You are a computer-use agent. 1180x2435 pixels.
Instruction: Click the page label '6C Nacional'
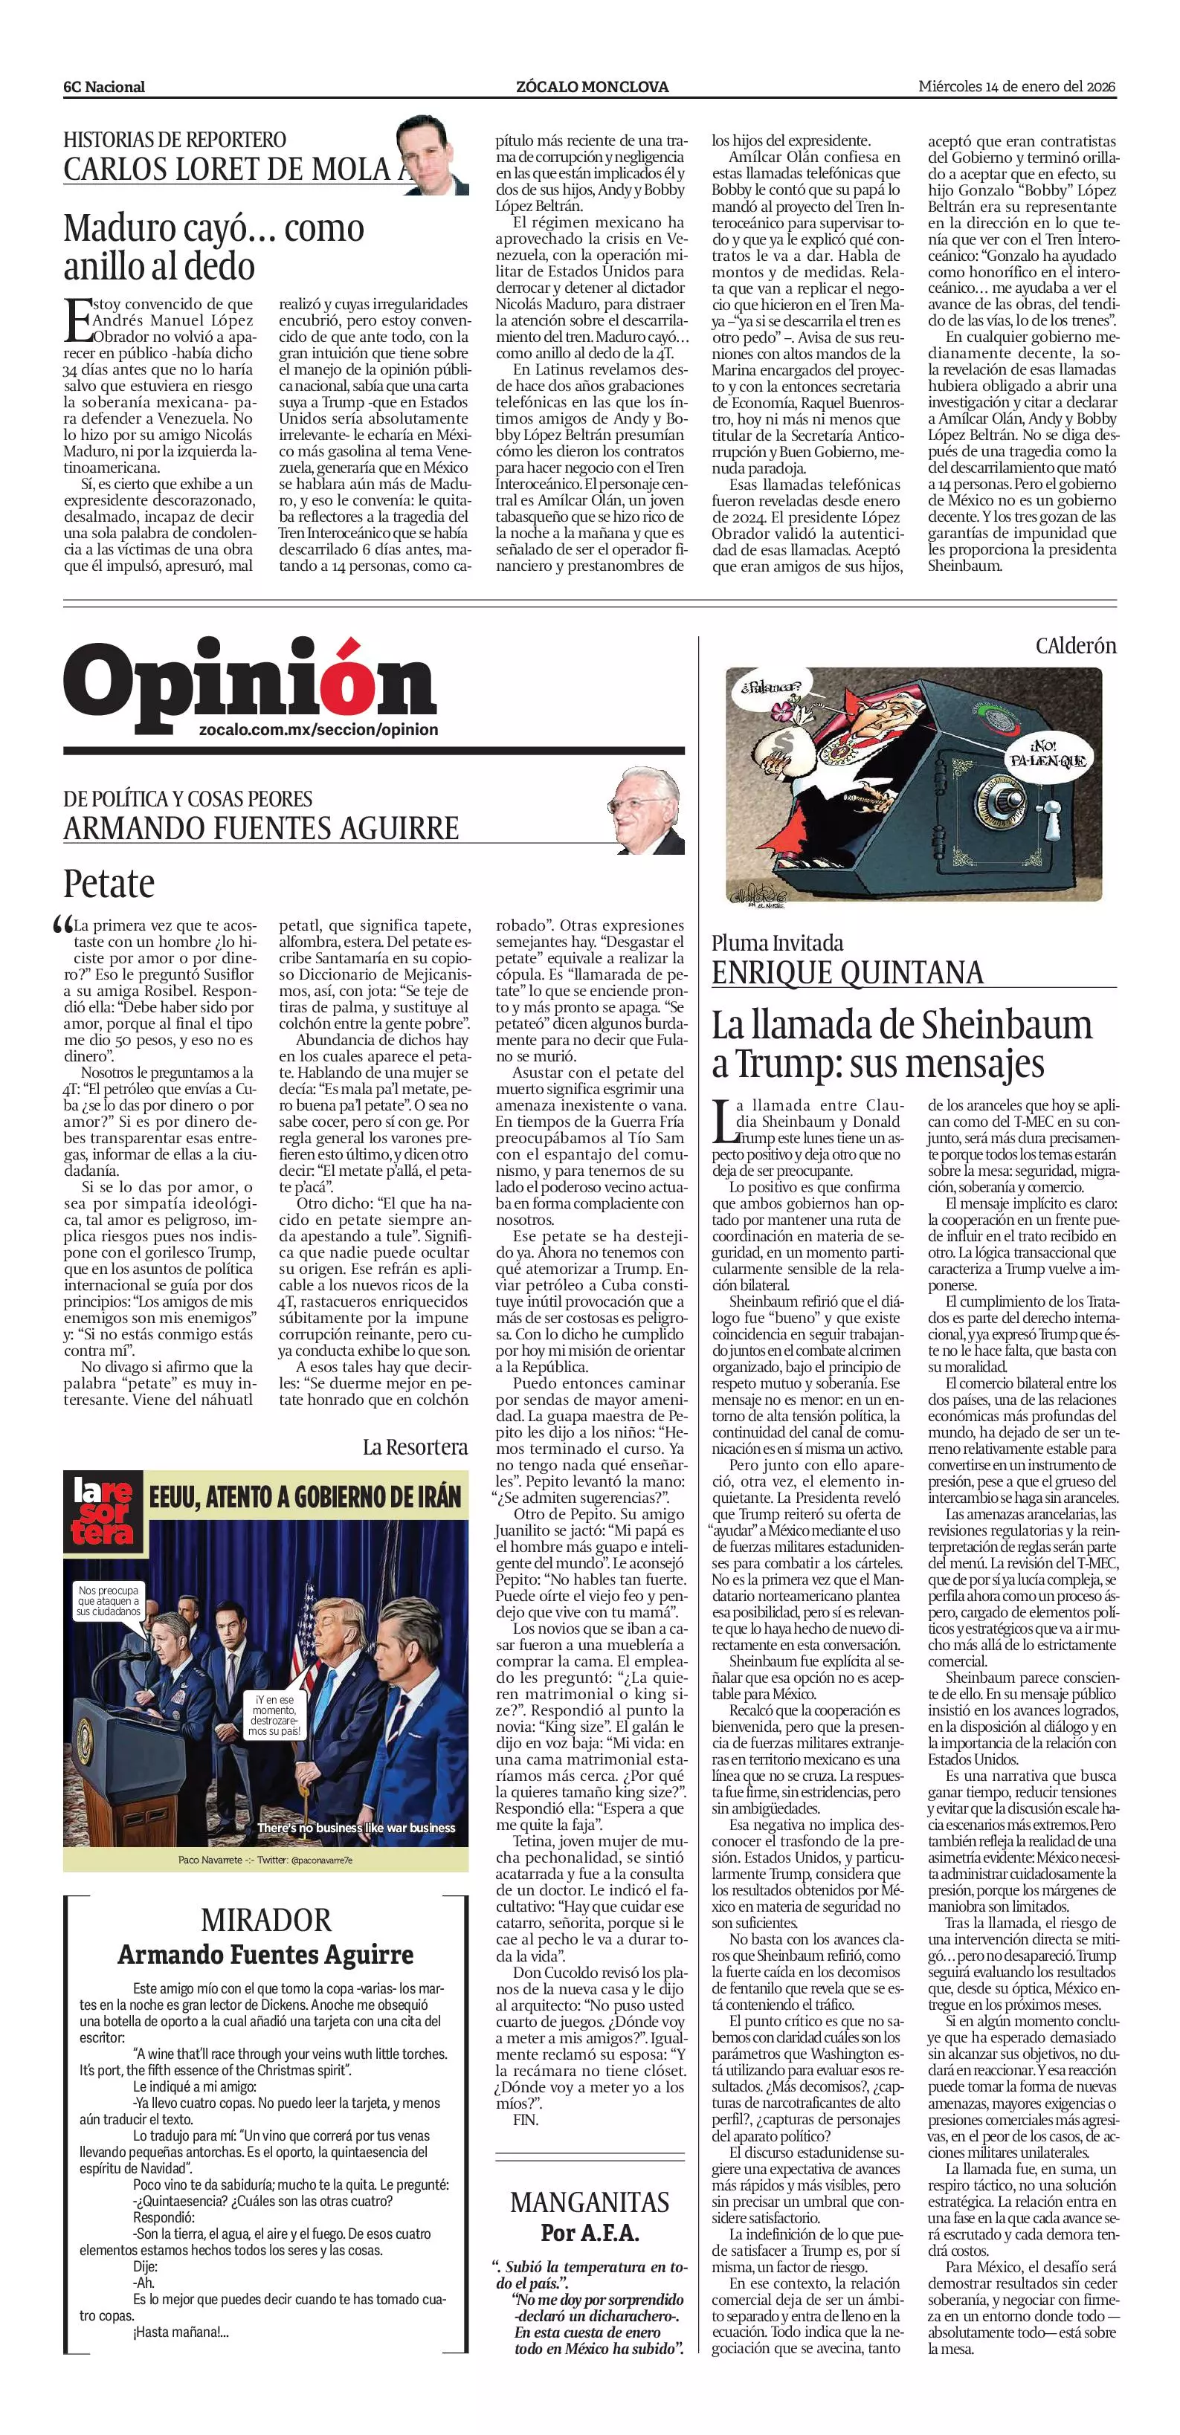tap(104, 87)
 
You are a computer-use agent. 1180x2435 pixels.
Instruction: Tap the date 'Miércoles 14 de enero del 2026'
tap(1017, 86)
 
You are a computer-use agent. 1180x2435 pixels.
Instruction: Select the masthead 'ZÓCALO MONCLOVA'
tap(592, 87)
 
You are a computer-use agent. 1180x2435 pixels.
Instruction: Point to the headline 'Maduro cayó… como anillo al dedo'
tap(213, 247)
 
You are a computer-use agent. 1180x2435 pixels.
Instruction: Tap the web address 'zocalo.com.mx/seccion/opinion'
tap(319, 730)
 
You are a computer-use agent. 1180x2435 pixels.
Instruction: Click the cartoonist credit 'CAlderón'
tap(1076, 646)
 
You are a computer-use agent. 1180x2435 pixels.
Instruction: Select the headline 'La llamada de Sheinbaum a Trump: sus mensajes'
tap(901, 1044)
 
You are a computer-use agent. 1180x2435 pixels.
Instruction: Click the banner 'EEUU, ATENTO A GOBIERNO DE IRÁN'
tap(304, 1496)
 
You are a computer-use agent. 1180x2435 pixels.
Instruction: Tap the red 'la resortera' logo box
tap(104, 1512)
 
